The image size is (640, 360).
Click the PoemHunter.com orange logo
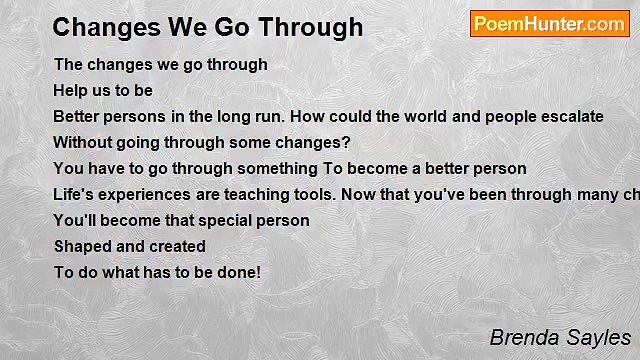[550, 24]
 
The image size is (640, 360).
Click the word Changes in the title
[107, 28]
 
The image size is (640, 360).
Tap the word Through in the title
[311, 27]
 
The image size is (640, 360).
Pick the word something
[277, 169]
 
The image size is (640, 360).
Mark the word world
[426, 117]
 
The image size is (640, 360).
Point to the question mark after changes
[346, 142]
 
